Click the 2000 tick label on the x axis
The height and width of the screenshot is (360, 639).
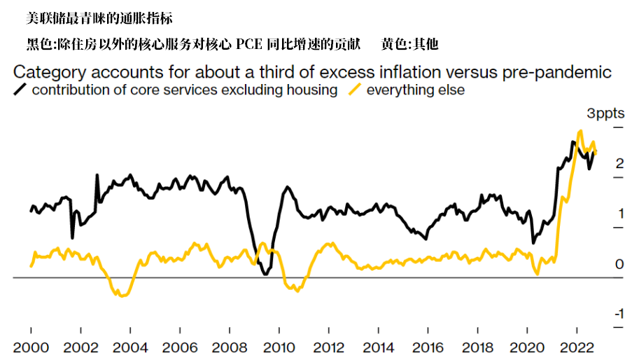(x=31, y=347)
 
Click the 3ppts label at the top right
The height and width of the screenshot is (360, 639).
(x=605, y=113)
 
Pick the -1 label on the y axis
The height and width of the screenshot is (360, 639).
(x=618, y=314)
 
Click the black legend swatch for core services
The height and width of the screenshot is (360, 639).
(x=21, y=90)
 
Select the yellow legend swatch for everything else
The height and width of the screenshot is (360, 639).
(x=356, y=90)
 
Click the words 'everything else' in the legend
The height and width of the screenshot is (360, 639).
(x=416, y=90)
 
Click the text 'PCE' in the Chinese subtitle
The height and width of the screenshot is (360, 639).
(x=250, y=44)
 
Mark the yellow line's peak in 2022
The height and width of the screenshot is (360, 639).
(x=580, y=131)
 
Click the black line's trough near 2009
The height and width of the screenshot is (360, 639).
(x=265, y=273)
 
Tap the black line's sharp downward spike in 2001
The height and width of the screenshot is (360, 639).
(x=72, y=238)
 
